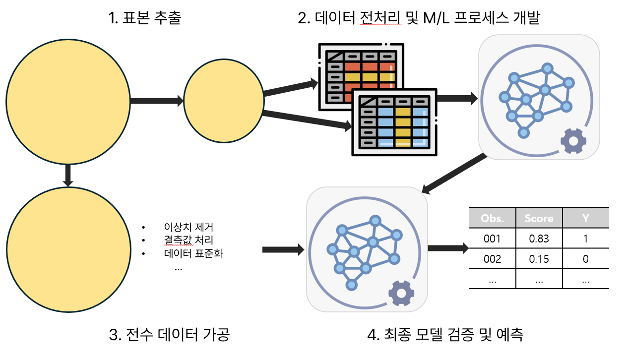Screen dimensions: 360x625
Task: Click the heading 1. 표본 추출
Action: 145,18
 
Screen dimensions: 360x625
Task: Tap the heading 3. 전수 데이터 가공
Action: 169,335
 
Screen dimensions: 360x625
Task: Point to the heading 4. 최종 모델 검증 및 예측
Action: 445,335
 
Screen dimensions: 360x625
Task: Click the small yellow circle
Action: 224,102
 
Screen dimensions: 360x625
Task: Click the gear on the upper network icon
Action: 573,141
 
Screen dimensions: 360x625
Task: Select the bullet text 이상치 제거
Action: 188,228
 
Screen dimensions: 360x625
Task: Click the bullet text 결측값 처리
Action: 188,241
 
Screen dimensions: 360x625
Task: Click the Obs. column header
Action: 492,218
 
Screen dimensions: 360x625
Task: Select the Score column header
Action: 539,218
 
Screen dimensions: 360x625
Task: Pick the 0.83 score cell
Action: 539,239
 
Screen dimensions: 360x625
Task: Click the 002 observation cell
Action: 492,259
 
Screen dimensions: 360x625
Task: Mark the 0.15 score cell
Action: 539,259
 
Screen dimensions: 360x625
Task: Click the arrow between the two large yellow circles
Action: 69,176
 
